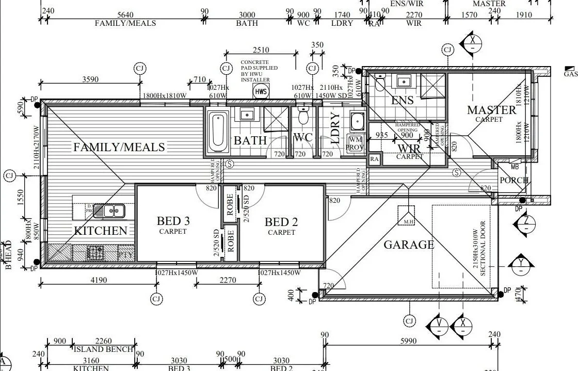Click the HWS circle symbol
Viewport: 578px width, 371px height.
pyautogui.click(x=261, y=92)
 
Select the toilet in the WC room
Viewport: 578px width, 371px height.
pyautogui.click(x=303, y=118)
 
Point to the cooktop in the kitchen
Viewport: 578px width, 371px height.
pyautogui.click(x=95, y=253)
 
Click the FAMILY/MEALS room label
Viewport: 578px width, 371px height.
pyautogui.click(x=119, y=148)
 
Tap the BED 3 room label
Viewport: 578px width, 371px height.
pyautogui.click(x=173, y=221)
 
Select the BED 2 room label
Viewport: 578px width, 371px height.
pyautogui.click(x=281, y=222)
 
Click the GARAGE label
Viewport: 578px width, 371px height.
pyautogui.click(x=409, y=245)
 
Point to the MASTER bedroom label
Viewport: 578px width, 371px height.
pyautogui.click(x=491, y=110)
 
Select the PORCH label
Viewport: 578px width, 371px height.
pyautogui.click(x=514, y=181)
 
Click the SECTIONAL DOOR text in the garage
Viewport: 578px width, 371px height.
pyautogui.click(x=483, y=249)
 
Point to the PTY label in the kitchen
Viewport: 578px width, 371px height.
pyautogui.click(x=126, y=254)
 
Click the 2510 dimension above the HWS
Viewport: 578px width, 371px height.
pyautogui.click(x=261, y=50)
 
